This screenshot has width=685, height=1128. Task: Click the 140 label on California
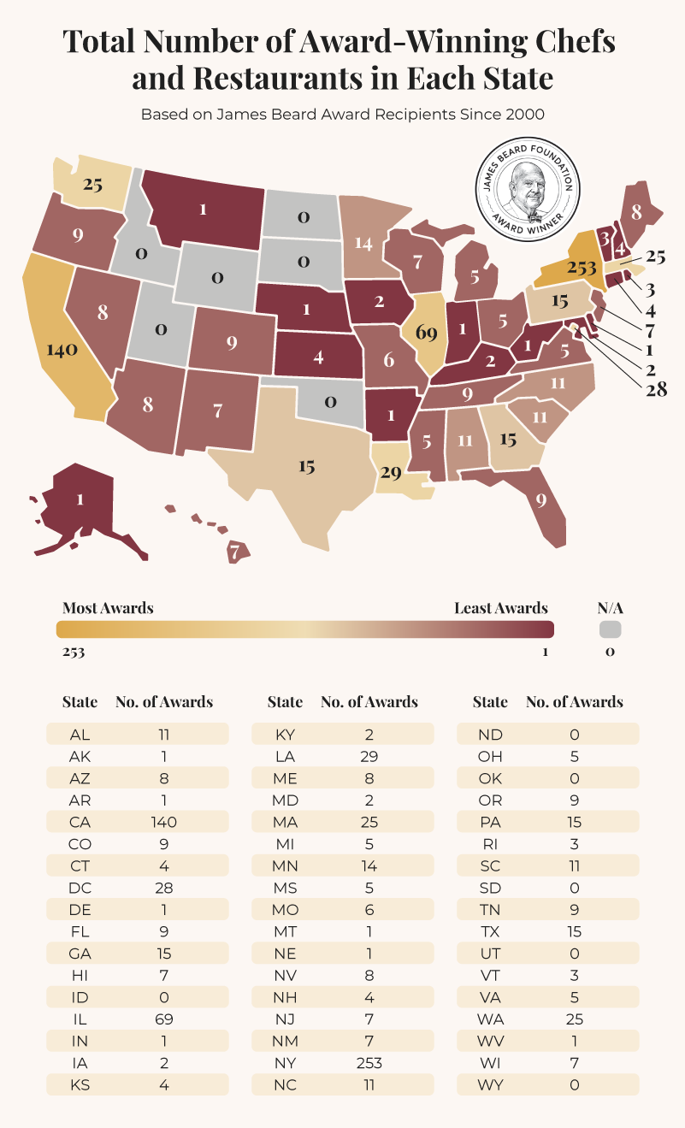(x=62, y=350)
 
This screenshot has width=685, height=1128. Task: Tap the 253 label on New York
(x=582, y=268)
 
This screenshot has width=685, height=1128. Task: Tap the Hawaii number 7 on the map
(x=233, y=552)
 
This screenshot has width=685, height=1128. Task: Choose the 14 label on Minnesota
(x=364, y=243)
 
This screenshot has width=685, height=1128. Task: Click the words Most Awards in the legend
(x=108, y=608)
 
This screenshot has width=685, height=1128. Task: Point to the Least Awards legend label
(x=501, y=608)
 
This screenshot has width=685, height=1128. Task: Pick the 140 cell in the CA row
(x=162, y=822)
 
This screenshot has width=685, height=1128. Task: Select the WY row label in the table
(x=490, y=1085)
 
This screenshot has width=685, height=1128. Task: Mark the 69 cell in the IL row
(x=162, y=1019)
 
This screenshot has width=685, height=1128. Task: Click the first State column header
(x=80, y=702)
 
